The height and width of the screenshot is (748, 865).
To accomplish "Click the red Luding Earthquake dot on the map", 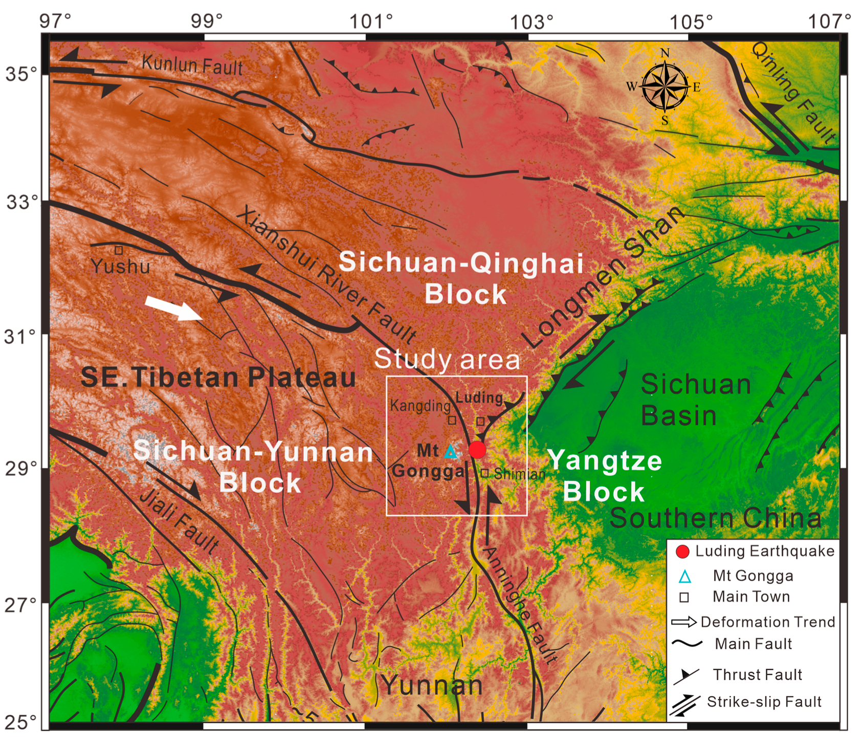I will [x=477, y=450].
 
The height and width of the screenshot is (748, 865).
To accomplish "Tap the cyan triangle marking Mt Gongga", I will [x=450, y=452].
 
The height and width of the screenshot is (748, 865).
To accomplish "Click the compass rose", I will [x=664, y=86].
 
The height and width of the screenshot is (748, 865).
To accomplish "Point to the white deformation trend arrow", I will [x=173, y=307].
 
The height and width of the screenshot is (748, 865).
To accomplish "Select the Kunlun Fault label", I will [x=192, y=65].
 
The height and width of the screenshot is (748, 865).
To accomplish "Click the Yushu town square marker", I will [x=119, y=250].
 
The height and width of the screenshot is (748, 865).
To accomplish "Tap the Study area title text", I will [x=447, y=359].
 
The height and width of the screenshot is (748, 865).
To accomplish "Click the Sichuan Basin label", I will [x=695, y=400].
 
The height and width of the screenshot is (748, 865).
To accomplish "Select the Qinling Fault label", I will [x=793, y=93].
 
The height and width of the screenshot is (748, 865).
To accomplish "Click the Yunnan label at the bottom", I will [x=432, y=685].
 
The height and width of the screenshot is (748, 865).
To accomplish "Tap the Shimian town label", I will [x=519, y=474].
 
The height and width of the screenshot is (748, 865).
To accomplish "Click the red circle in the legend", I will [x=682, y=551].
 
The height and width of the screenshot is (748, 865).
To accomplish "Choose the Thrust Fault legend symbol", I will [x=685, y=675].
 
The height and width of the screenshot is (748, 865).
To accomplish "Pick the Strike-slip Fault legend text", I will [x=764, y=701].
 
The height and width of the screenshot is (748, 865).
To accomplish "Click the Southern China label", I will [x=715, y=518].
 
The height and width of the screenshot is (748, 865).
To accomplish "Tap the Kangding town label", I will [x=420, y=406].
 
